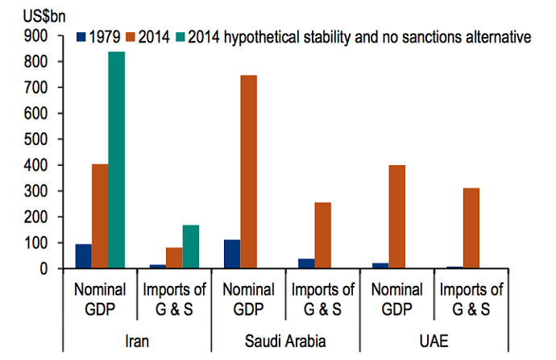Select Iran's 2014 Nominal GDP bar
pyautogui.click(x=100, y=216)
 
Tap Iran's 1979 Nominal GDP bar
pyautogui.click(x=83, y=255)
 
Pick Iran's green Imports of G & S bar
pyautogui.click(x=190, y=246)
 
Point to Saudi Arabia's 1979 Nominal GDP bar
pyautogui.click(x=232, y=254)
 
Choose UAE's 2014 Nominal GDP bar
pyautogui.click(x=396, y=217)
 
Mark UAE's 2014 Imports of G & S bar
pyautogui.click(x=471, y=228)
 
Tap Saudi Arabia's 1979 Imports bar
pyautogui.click(x=306, y=263)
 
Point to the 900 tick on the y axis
pyautogui.click(x=37, y=36)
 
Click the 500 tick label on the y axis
pyautogui.click(x=37, y=139)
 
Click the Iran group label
pyautogui.click(x=137, y=341)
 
